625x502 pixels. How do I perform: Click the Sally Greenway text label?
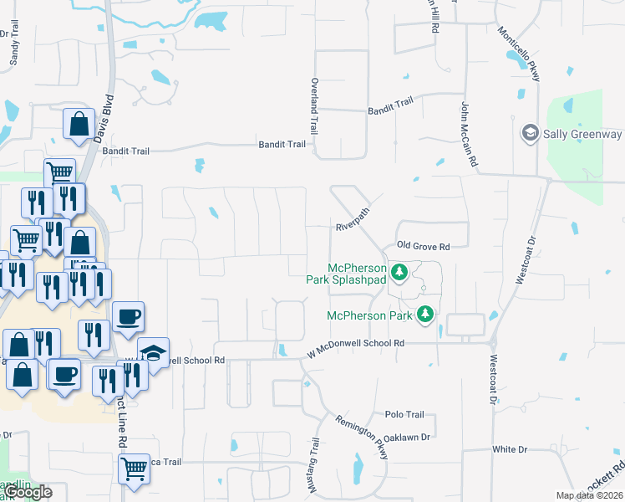(583, 134)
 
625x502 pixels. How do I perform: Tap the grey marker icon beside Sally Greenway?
(529, 133)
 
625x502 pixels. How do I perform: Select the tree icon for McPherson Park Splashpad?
(399, 272)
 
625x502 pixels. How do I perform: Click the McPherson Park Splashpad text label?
(357, 274)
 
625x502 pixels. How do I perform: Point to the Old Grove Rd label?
(423, 247)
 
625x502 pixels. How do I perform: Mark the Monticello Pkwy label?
(519, 54)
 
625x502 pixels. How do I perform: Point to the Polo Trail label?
(405, 414)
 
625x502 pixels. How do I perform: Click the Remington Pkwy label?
(362, 437)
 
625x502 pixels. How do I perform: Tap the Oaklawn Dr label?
(408, 437)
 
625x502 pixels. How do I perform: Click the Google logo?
(28, 492)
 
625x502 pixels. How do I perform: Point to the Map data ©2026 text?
(587, 495)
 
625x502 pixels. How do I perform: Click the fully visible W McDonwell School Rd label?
(355, 343)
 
